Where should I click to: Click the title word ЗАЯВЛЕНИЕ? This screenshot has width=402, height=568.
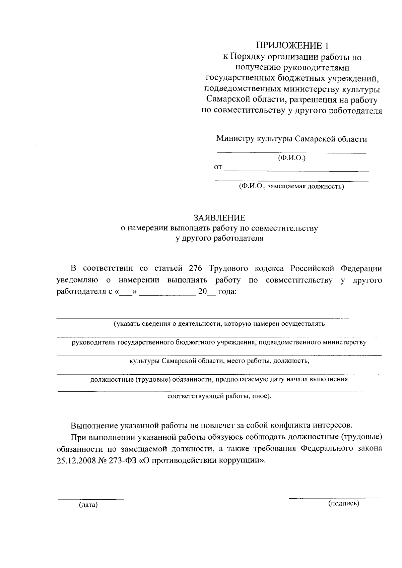coord(219,218)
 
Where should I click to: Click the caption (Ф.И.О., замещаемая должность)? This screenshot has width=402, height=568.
coord(291,186)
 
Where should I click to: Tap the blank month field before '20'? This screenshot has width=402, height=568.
coord(167,292)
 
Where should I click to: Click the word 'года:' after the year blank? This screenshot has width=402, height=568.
coord(227,292)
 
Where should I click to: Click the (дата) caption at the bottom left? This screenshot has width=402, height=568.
coord(88,505)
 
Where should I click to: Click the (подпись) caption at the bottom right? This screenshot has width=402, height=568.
coord(344,503)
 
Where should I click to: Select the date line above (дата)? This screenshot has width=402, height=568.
coord(91,499)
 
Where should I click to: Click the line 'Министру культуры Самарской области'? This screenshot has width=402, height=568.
coord(291,139)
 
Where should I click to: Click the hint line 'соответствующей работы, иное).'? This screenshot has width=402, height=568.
coord(219,396)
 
